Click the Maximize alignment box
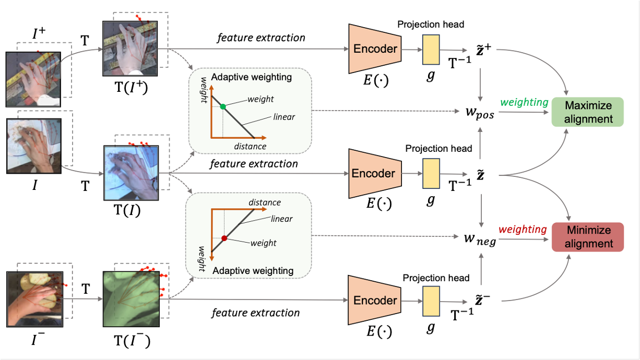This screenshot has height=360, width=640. click(x=587, y=112)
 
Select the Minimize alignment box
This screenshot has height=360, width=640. click(x=587, y=237)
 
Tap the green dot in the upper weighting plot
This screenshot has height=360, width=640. click(x=223, y=106)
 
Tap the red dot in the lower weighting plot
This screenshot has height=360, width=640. click(x=224, y=238)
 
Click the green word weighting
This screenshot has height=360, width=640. click(x=524, y=102)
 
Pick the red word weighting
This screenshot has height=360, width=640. click(x=523, y=229)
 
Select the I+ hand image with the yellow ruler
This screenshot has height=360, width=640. click(x=34, y=75)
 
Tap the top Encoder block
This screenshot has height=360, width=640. click(x=375, y=49)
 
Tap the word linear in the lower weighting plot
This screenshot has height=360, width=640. click(x=282, y=219)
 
